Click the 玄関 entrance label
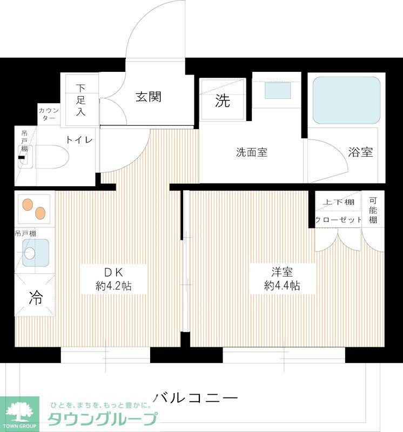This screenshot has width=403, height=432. pyautogui.click(x=148, y=97)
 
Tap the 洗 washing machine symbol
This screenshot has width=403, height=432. pyautogui.click(x=223, y=100)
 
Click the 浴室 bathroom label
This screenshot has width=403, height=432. pyautogui.click(x=360, y=152)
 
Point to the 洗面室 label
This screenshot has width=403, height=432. pyautogui.click(x=251, y=152)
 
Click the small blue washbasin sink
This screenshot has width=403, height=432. pyautogui.click(x=278, y=90)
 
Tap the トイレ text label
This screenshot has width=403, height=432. pyautogui.click(x=79, y=139)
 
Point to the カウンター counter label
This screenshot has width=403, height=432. pyautogui.click(x=49, y=114)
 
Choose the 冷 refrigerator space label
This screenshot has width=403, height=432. pyautogui.click(x=36, y=296)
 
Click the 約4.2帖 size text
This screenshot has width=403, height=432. pyautogui.click(x=113, y=286)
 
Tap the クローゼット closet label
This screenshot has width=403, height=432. pyautogui.click(x=338, y=220)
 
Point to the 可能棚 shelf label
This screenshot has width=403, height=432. pyautogui.click(x=373, y=210)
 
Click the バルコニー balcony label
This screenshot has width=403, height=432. pyautogui.click(x=196, y=399)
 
